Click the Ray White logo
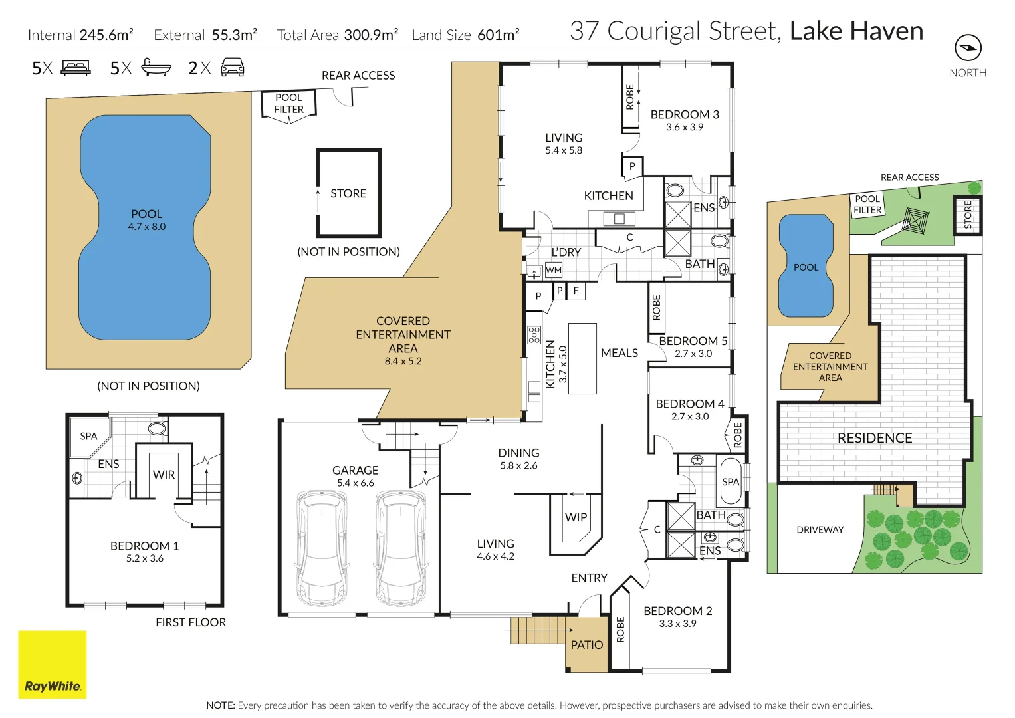[x=52, y=664]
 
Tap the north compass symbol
[x=968, y=48]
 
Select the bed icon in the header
[x=76, y=68]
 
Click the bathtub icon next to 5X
[x=156, y=68]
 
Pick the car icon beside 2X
[x=232, y=68]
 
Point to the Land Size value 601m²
[x=498, y=35]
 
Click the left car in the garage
[x=322, y=548]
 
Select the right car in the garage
[x=400, y=548]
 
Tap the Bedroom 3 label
[x=685, y=114]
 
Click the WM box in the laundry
[x=553, y=270]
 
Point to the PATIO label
[x=587, y=645]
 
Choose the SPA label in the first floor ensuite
[x=88, y=437]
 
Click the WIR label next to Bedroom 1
[x=164, y=475]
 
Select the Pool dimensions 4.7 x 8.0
[x=147, y=227]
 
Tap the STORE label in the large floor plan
[x=348, y=193]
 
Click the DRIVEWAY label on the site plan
[x=820, y=530]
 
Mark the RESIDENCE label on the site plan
[x=875, y=438]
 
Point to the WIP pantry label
[x=576, y=517]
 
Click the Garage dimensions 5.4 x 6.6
[x=356, y=483]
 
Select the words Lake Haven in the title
[x=856, y=31]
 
